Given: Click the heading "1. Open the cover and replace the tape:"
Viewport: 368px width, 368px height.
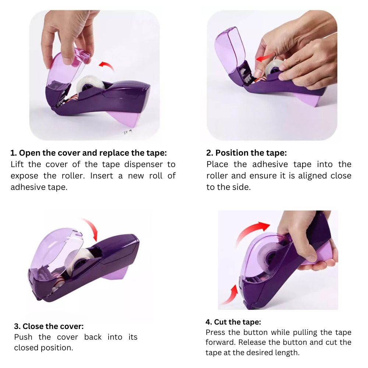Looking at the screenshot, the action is click(88, 153).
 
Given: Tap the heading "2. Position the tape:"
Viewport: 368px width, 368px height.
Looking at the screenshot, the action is click(247, 153).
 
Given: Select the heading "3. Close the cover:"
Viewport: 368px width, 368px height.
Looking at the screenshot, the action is click(49, 326).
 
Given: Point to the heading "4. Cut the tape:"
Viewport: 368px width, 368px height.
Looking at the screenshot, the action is click(233, 322).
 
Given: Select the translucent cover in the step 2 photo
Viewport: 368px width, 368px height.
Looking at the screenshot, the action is click(230, 52).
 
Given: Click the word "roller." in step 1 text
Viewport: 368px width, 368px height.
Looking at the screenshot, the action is click(73, 176).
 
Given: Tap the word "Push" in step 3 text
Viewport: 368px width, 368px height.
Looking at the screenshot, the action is click(23, 337).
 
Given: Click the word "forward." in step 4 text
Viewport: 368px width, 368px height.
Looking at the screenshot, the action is click(220, 342).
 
